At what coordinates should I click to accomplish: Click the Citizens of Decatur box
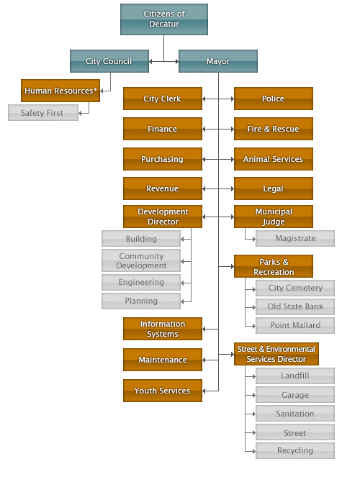coord(164,19)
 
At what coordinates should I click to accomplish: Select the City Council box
coord(109,61)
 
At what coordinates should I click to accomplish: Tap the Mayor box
coord(217,61)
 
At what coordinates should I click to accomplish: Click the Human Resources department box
coord(60,91)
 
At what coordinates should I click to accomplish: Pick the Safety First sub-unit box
coord(42,113)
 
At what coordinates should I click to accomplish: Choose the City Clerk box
coord(162,99)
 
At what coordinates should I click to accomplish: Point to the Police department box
coord(273,99)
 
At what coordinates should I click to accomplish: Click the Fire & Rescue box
coord(273,129)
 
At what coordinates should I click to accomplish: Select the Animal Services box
coord(273,159)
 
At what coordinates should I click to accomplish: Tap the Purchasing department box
coord(162,159)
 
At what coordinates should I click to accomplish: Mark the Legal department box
coord(273,188)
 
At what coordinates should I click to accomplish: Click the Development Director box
coord(162,217)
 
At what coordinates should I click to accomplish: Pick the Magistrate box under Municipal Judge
coord(295,238)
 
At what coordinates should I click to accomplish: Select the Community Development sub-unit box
coord(141,260)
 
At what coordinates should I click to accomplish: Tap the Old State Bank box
coord(295,306)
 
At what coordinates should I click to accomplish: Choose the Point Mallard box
coord(295,325)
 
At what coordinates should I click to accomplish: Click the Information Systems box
coord(162,329)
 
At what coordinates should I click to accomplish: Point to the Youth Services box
coord(162,391)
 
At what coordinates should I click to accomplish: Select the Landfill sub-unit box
coord(295,376)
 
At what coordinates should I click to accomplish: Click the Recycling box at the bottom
coord(295,450)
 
